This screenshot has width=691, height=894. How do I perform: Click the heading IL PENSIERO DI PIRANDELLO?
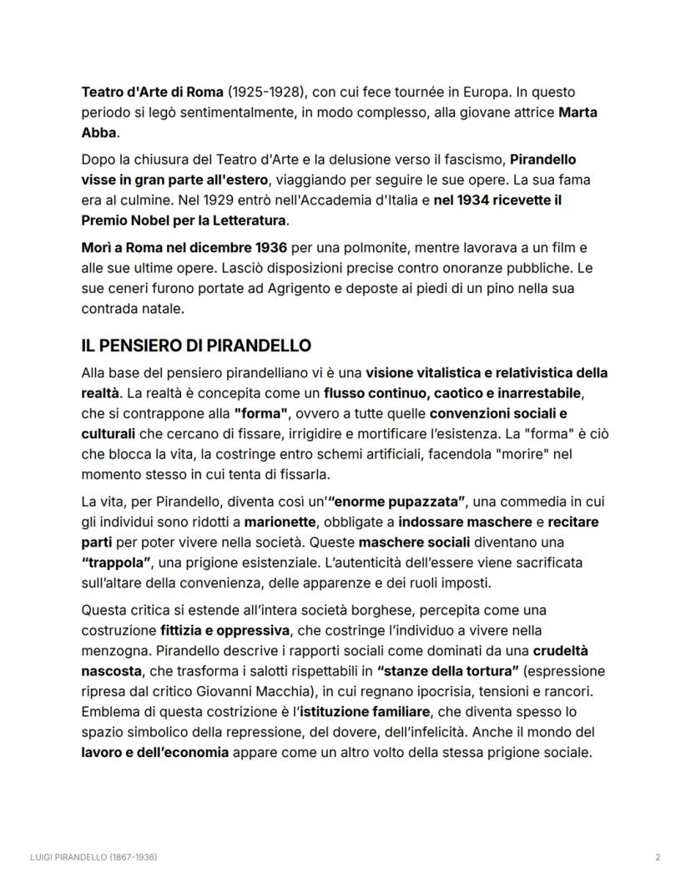coord(196,346)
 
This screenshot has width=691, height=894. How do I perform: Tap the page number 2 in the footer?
coord(658,857)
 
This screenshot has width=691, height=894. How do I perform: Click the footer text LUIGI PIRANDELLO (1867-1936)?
coord(94,857)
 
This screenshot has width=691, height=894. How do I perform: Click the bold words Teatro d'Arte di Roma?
coord(153,91)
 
